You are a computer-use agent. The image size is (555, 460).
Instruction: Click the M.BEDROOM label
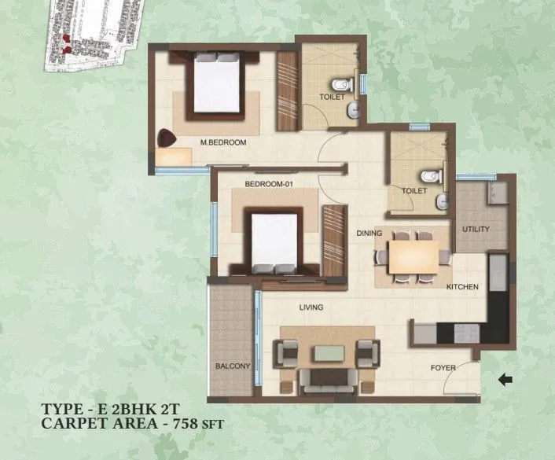click(x=224, y=142)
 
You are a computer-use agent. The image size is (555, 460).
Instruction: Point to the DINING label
click(x=369, y=233)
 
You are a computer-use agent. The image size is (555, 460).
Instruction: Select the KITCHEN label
click(x=462, y=287)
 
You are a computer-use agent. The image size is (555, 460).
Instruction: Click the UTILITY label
click(x=476, y=230)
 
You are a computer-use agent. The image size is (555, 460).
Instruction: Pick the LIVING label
click(x=312, y=307)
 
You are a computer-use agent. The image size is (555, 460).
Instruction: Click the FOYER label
click(x=443, y=368)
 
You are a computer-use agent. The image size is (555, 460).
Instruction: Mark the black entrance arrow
click(x=505, y=381)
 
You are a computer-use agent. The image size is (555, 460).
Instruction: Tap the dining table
click(x=413, y=256)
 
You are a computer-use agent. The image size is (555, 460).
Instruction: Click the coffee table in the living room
click(x=326, y=354)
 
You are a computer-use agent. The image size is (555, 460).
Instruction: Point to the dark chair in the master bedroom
click(x=167, y=138)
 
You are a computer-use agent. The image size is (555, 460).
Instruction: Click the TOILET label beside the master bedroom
click(x=330, y=97)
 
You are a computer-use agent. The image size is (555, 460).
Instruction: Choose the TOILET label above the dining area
click(x=413, y=190)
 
